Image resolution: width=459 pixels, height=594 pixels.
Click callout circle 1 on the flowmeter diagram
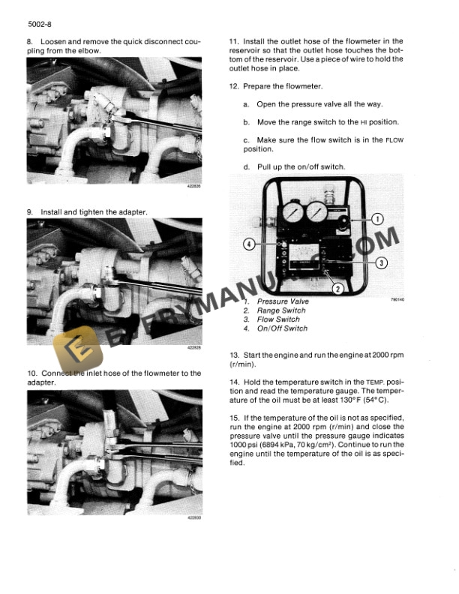click(x=377, y=220)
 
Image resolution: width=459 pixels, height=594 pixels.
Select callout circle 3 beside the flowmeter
click(x=381, y=262)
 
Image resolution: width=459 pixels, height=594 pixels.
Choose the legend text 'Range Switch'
click(x=281, y=310)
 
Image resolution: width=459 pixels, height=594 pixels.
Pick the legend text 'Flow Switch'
click(x=278, y=319)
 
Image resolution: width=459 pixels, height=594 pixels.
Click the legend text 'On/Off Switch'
click(x=282, y=328)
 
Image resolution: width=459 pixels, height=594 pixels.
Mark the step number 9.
click(x=30, y=213)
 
